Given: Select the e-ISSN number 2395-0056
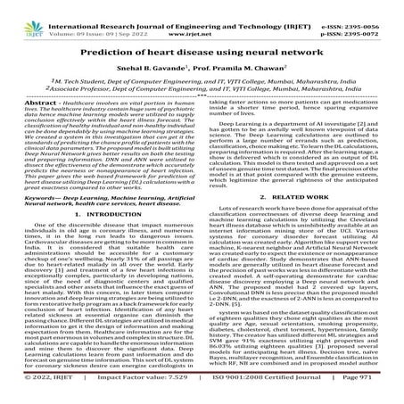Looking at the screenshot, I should (375, 7).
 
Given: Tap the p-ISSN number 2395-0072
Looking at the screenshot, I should (375, 18).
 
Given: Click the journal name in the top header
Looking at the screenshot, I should (197, 7).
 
